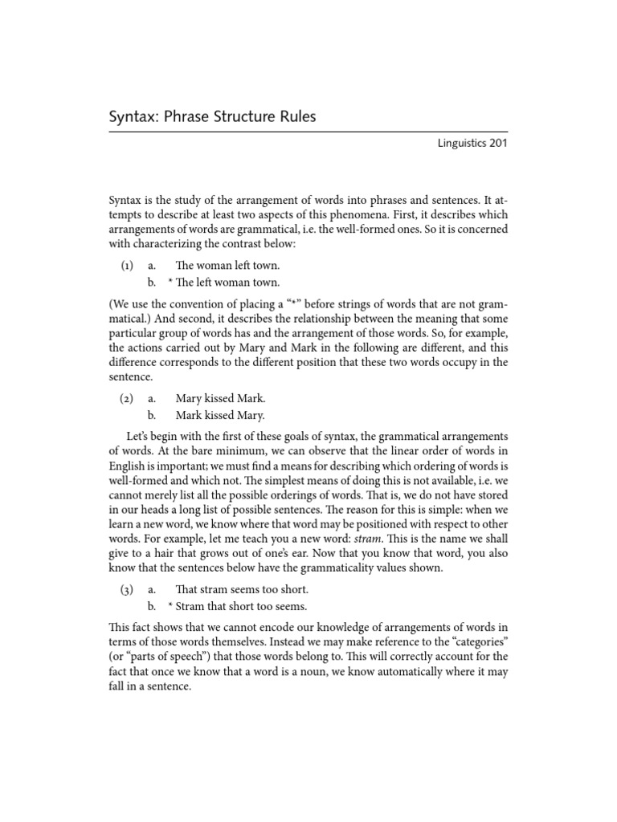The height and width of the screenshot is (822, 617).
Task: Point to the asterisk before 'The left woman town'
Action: [170, 283]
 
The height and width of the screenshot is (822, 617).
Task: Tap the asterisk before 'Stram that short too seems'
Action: [170, 607]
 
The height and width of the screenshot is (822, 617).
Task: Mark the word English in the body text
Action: [128, 466]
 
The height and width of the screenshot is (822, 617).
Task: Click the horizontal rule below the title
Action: [308, 132]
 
